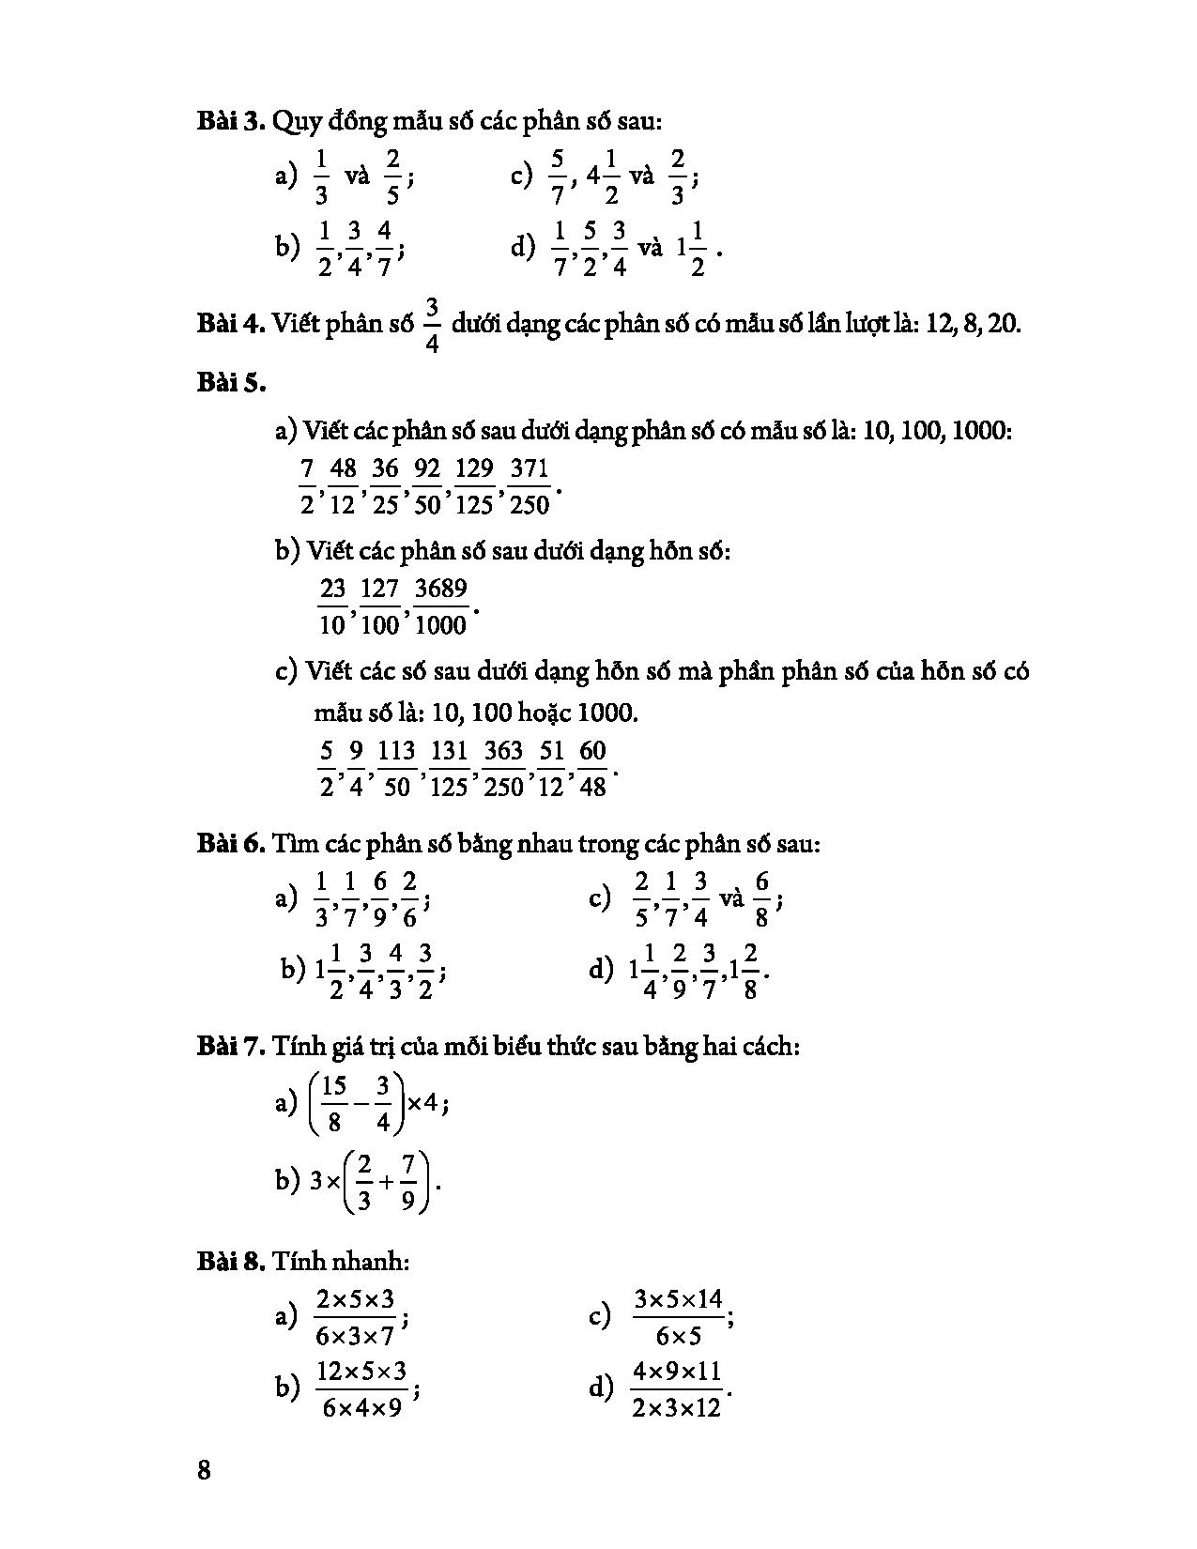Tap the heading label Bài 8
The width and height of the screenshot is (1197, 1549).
[x=230, y=1261]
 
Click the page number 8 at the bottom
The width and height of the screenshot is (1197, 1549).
[x=204, y=1469]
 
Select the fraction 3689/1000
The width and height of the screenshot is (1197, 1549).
[x=440, y=606]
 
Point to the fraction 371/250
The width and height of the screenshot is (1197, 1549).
[x=529, y=485]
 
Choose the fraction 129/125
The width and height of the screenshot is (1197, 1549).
[x=474, y=485]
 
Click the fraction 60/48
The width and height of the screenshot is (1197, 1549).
[x=592, y=768]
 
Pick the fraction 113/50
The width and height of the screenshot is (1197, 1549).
[x=396, y=768]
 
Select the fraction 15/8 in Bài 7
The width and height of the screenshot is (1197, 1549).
[x=334, y=1104]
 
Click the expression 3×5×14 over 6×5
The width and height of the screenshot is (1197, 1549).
[x=679, y=1317]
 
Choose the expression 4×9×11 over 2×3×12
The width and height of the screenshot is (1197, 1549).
[x=677, y=1389]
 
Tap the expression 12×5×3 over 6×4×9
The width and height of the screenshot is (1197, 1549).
[x=361, y=1389]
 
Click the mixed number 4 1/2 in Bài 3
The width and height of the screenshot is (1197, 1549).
[x=601, y=176]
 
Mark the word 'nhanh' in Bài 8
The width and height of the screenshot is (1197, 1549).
[x=376, y=1261]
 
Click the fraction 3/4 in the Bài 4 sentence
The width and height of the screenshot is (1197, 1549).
[x=432, y=325]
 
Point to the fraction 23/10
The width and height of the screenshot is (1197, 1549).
[x=333, y=606]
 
